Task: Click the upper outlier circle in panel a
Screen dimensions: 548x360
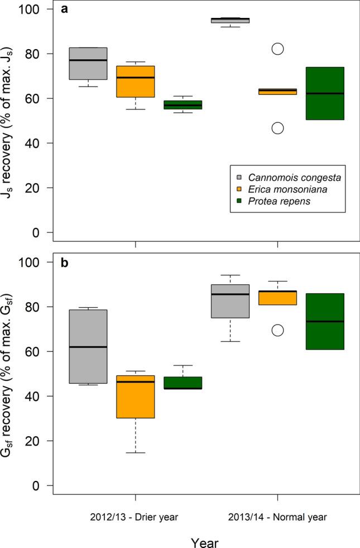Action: point(277,49)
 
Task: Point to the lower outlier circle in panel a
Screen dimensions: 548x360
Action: point(277,128)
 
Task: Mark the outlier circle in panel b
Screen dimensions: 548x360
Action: point(277,330)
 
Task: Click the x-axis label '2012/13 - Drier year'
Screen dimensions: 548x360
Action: point(135,517)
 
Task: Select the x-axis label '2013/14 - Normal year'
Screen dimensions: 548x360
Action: point(277,517)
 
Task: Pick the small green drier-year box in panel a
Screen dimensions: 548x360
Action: point(183,105)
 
